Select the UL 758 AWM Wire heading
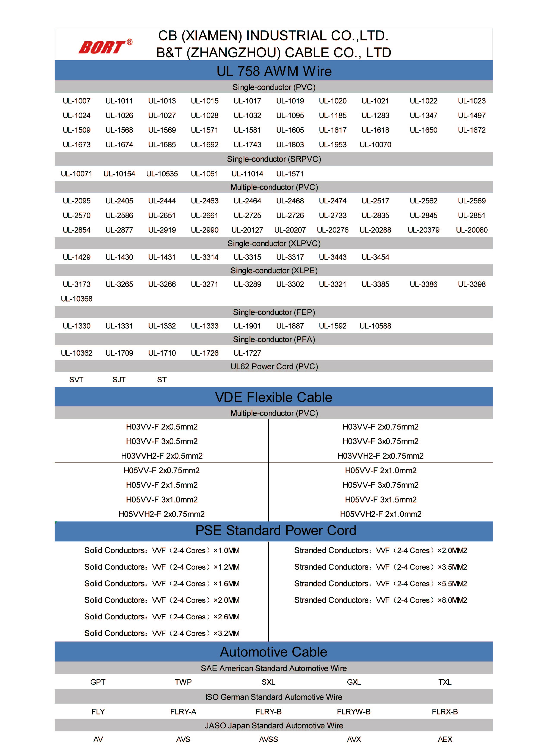pyautogui.click(x=274, y=71)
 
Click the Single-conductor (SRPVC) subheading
pyautogui.click(x=274, y=159)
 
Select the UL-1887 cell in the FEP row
pyautogui.click(x=290, y=326)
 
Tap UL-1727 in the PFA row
pyautogui.click(x=247, y=353)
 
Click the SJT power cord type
pyautogui.click(x=119, y=380)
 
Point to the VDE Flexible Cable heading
pyautogui.click(x=274, y=397)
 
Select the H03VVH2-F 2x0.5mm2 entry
pyautogui.click(x=162, y=456)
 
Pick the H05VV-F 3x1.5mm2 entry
pyautogui.click(x=381, y=500)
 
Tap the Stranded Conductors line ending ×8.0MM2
pyautogui.click(x=381, y=600)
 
